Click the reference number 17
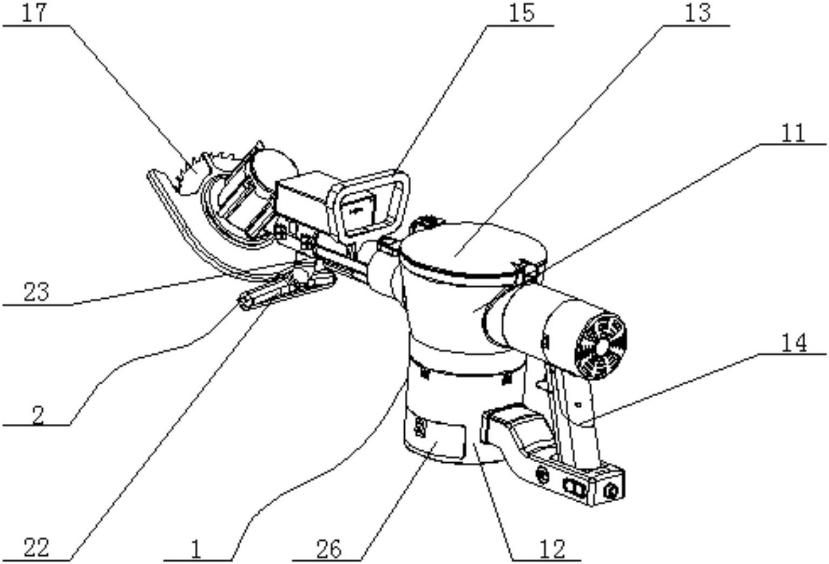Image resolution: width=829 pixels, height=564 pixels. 35,13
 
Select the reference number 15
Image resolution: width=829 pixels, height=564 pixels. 522,13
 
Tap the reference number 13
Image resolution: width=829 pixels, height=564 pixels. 698,13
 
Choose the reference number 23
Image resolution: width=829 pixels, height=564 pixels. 36,292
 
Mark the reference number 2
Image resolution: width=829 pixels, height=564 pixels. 38,416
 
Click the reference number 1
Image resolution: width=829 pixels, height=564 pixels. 196,549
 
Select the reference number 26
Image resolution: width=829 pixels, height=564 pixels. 329,549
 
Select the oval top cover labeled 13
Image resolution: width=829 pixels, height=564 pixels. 473,248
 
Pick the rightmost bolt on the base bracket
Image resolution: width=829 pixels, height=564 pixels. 610,492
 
